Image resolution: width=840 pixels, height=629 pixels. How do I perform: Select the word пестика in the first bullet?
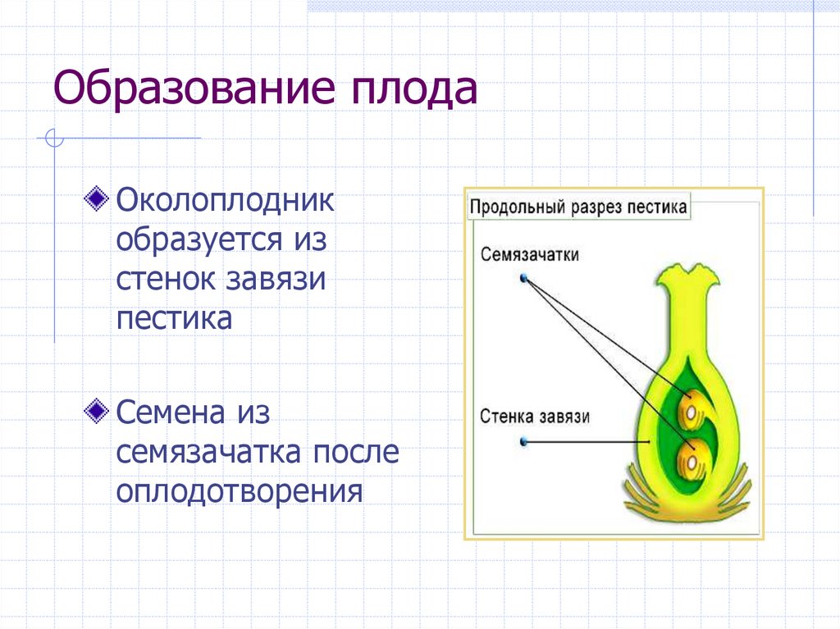[x=174, y=318]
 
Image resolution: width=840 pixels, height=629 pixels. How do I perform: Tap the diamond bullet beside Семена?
[x=97, y=410]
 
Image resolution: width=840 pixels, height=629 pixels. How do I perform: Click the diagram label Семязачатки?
[x=530, y=255]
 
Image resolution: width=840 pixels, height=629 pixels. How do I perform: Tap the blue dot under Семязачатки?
[x=523, y=279]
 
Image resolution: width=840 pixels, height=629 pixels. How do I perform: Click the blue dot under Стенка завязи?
[x=523, y=443]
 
